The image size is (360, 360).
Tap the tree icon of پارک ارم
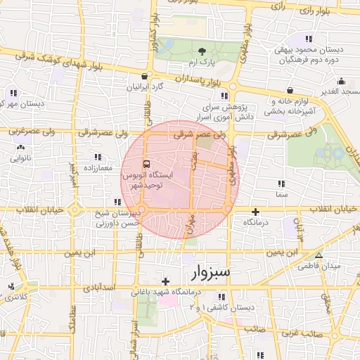[x=202, y=51]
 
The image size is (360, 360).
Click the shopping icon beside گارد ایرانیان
[x=145, y=77]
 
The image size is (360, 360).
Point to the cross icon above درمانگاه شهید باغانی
[x=165, y=281]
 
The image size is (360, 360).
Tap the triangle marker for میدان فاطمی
[x=319, y=256]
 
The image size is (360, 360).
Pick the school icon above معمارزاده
[x=97, y=157]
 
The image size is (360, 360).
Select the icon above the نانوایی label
[x=20, y=148]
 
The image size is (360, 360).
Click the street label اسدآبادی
[x=101, y=288]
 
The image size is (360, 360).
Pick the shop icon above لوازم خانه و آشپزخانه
[x=290, y=90]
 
